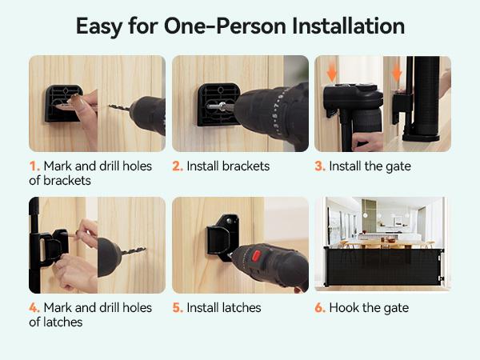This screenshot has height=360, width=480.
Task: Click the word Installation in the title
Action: click(x=346, y=26)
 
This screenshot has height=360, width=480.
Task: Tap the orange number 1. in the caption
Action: click(x=34, y=166)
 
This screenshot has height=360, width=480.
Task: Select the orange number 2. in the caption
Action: click(x=178, y=166)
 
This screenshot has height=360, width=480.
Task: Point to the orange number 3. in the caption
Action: click(x=320, y=166)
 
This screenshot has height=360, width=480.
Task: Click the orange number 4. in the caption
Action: click(x=34, y=307)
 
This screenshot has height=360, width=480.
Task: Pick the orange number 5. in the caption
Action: click(x=178, y=307)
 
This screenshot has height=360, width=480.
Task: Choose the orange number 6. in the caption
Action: click(x=320, y=307)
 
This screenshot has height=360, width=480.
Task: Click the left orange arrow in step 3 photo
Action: click(x=331, y=72)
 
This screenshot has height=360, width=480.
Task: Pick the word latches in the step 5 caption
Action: click(x=239, y=307)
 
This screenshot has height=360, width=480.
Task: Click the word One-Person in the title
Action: click(x=219, y=26)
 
